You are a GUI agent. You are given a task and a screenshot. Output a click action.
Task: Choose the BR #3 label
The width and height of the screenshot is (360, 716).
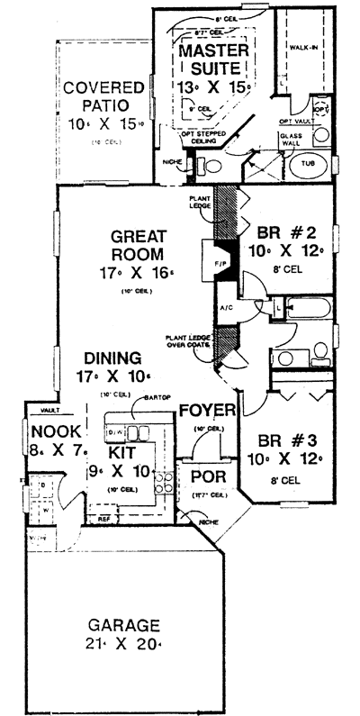(281, 442)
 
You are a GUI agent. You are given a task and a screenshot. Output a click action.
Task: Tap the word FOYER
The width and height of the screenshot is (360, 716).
(207, 411)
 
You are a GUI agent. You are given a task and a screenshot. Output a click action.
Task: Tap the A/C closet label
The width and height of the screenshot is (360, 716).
(225, 305)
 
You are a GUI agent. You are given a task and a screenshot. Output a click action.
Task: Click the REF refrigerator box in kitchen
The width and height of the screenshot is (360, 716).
(103, 518)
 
